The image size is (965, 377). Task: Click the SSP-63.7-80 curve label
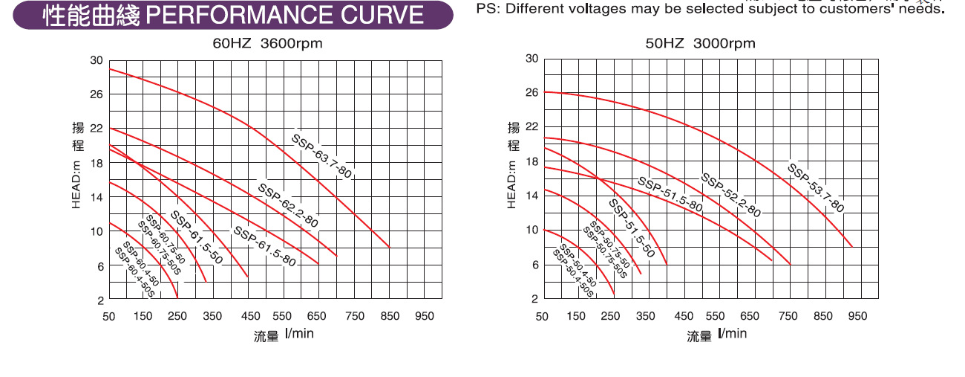pos(321,156)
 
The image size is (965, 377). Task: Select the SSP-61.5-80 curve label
pos(264,246)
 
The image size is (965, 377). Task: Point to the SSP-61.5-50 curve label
pos(196,238)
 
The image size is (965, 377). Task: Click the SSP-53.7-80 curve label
pos(815,187)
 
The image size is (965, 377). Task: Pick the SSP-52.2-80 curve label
pos(731,195)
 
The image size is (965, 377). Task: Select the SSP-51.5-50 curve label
pos(631,229)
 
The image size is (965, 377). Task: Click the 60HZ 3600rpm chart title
pos(267,44)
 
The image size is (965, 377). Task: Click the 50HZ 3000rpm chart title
pos(700,44)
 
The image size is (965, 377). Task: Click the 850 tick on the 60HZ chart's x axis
pos(390,316)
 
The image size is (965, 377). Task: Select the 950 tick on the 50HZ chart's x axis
pos(857,316)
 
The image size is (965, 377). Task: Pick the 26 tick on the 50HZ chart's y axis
pos(531,92)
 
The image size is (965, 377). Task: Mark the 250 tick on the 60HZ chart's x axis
pos(179,316)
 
